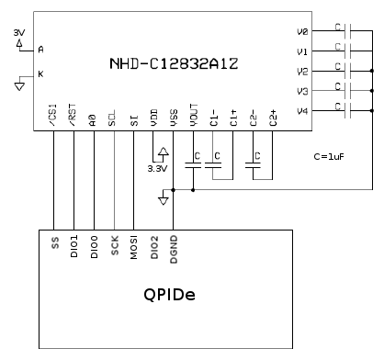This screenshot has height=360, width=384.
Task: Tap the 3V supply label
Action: pyautogui.click(x=19, y=33)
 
